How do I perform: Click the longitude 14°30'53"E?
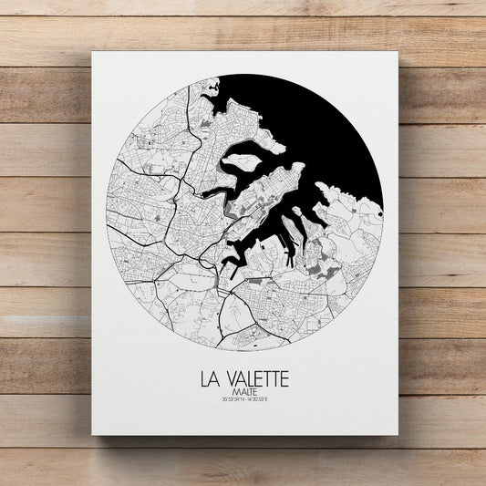click(263, 398)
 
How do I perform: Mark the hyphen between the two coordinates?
click(244, 398)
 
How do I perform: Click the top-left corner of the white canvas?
click(92, 52)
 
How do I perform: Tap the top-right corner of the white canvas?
click(398, 52)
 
